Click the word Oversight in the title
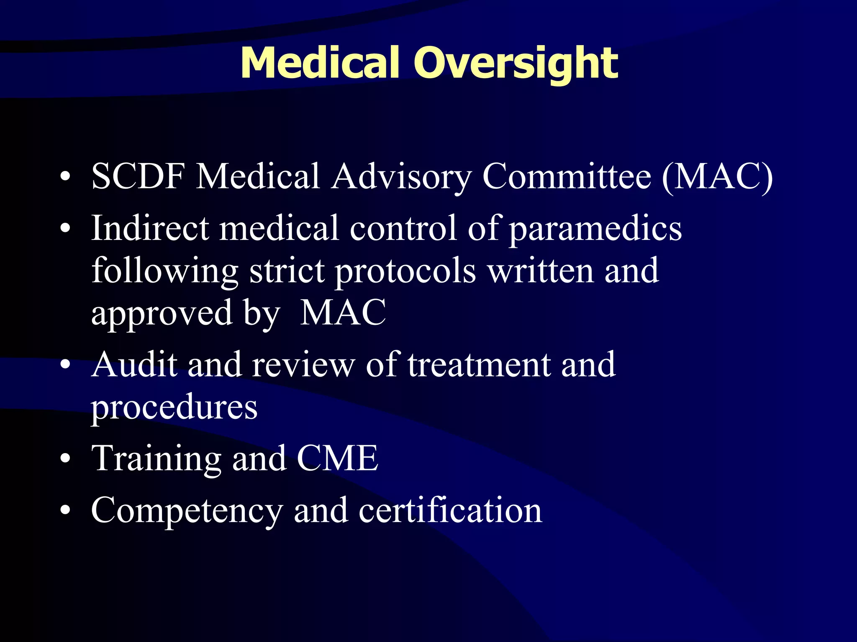coord(516,64)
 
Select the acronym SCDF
coord(138,176)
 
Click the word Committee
coord(567,176)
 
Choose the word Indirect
coord(150,228)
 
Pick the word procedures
coord(174,407)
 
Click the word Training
coord(156,459)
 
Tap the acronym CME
coord(337,458)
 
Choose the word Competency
coord(187,511)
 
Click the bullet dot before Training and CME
coord(65,459)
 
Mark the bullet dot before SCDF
coord(65,177)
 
